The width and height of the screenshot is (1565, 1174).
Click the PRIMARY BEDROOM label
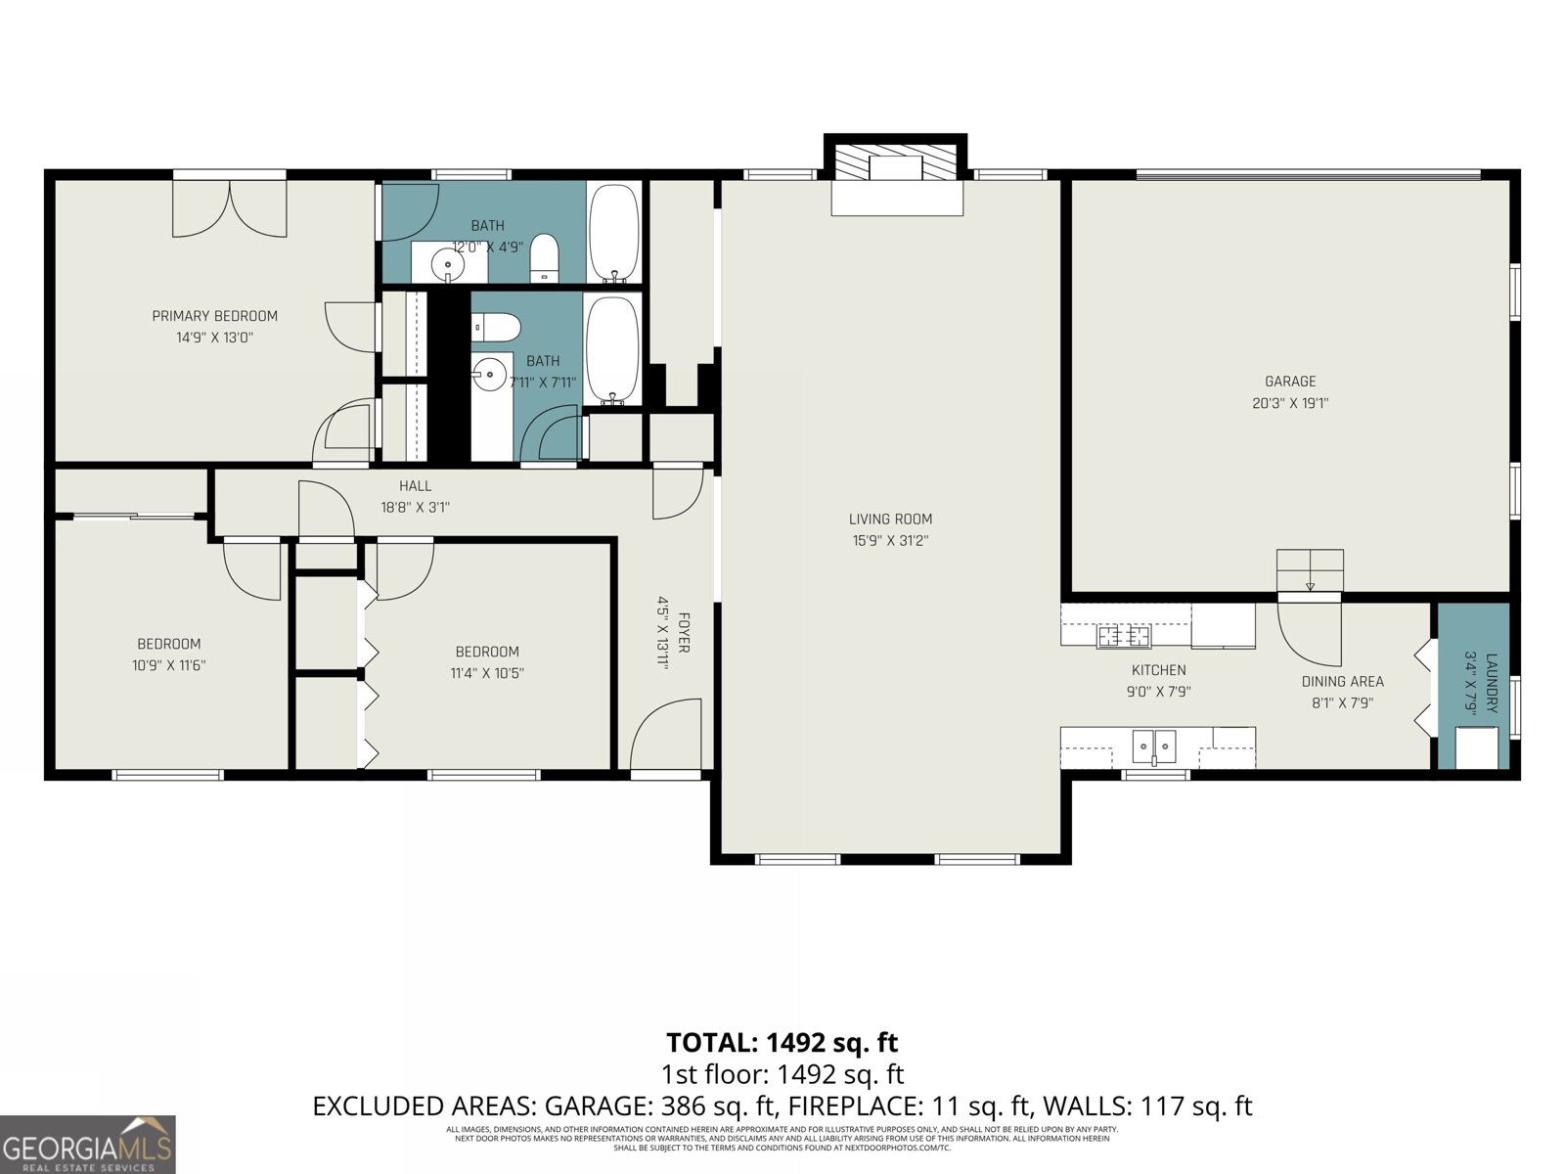tap(214, 316)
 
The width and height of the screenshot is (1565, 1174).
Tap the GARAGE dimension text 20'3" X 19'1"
tap(1290, 403)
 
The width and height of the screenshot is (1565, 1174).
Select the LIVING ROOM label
tap(890, 519)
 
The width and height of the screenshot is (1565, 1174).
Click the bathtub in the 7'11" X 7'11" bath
tap(613, 349)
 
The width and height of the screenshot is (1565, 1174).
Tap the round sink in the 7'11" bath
tap(489, 373)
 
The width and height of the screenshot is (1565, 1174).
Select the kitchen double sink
tap(1154, 746)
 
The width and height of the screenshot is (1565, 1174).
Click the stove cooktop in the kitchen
tap(1123, 636)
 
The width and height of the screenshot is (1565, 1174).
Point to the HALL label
tap(415, 486)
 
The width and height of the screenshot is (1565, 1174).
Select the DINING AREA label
tap(1342, 682)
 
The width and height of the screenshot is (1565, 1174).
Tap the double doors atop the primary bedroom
tap(230, 208)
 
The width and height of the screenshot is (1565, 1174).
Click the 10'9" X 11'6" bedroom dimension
tap(169, 665)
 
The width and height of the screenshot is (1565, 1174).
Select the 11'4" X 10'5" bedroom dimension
tap(487, 673)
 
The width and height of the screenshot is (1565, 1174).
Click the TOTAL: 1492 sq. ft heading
tap(782, 1043)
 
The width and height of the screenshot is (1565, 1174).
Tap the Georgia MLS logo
tap(87, 1145)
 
